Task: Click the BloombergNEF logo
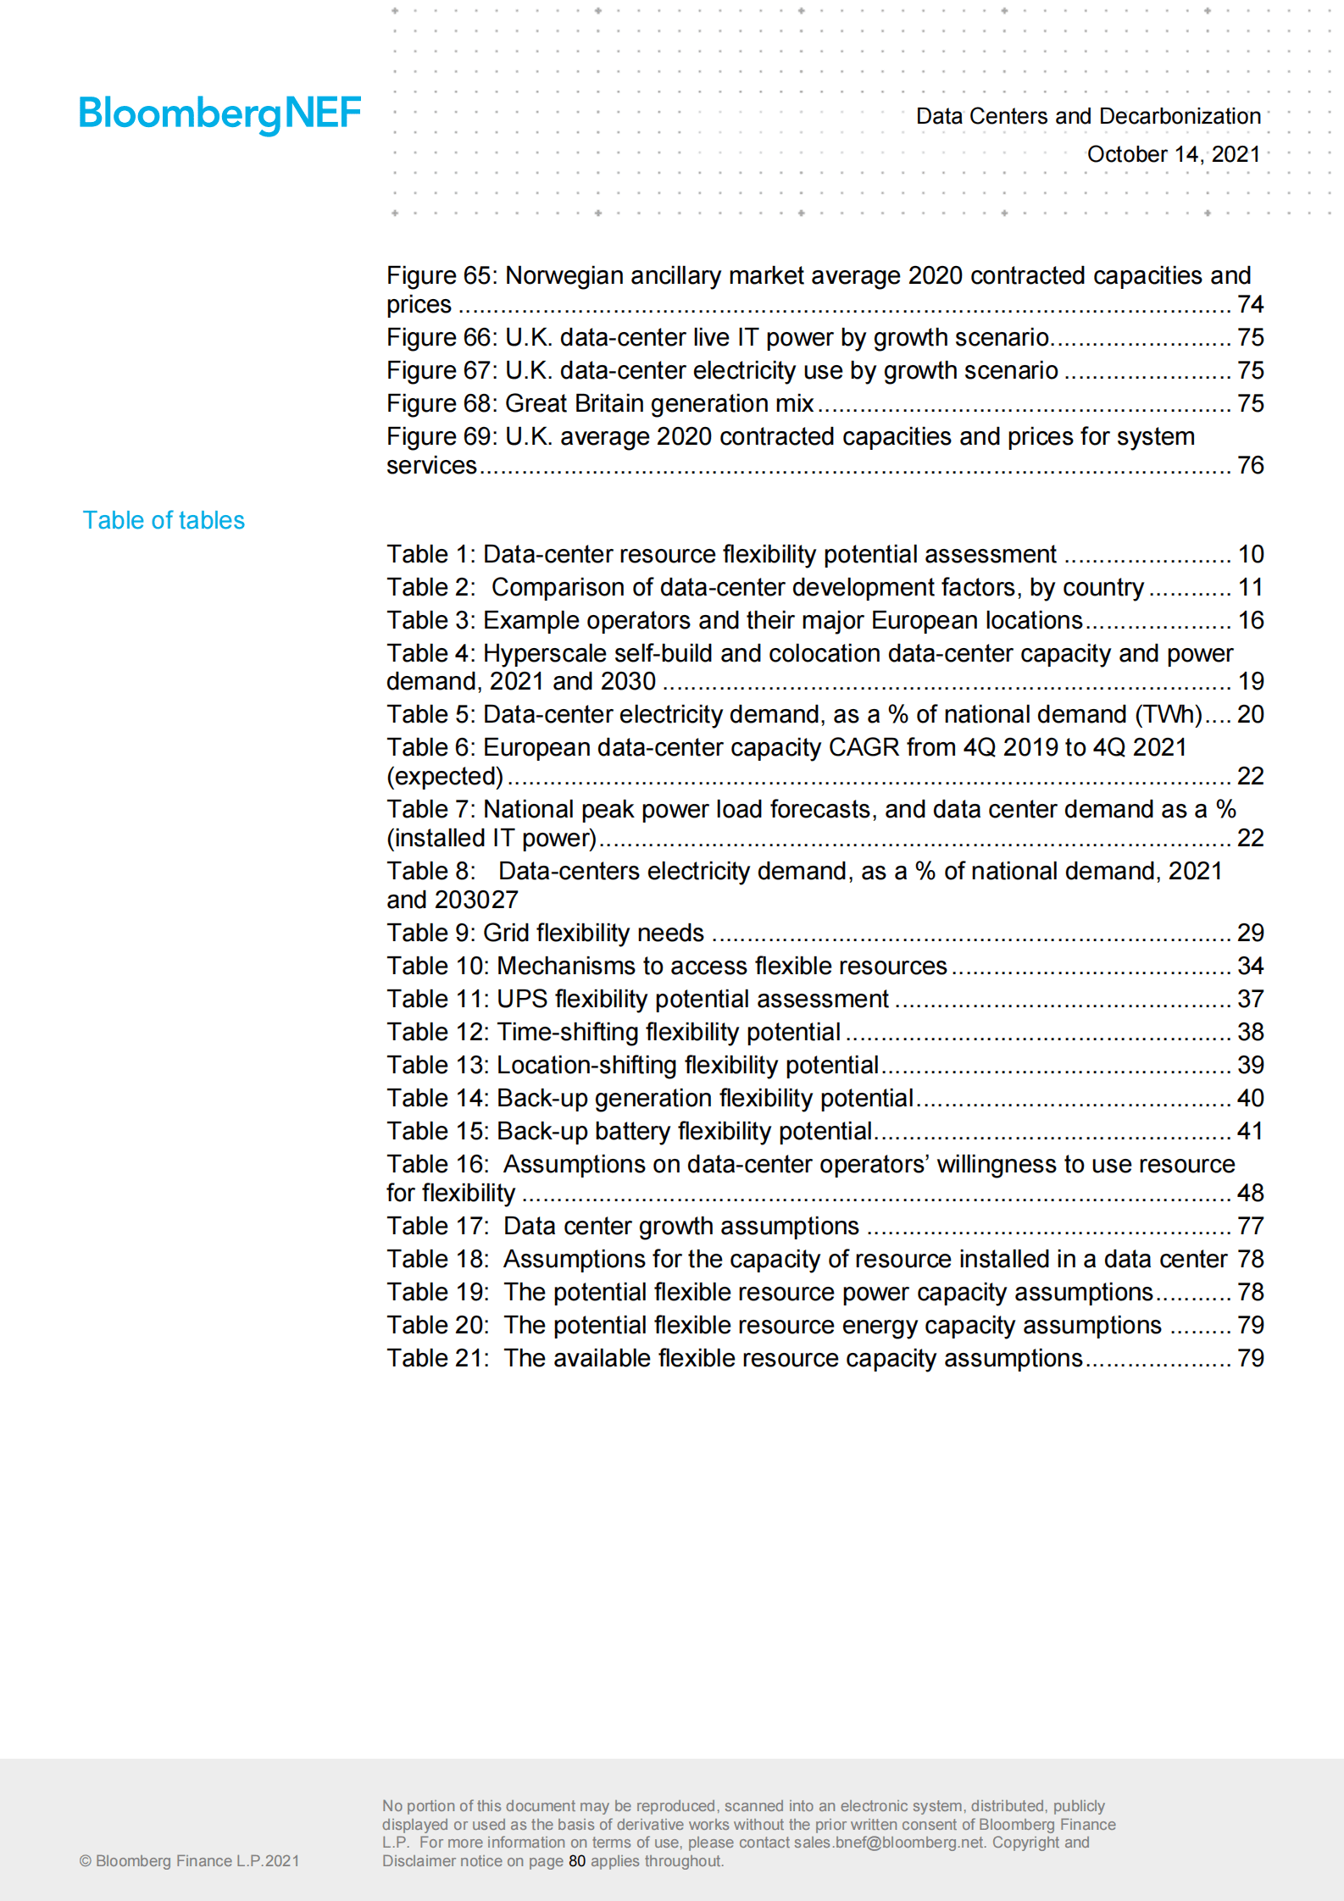[x=219, y=114]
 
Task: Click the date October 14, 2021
[x=1173, y=154]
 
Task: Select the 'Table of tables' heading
[x=164, y=520]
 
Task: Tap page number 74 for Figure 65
[x=1250, y=304]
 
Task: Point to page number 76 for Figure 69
[x=1250, y=465]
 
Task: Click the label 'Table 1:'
[x=430, y=554]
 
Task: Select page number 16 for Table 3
[x=1250, y=620]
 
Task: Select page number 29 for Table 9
[x=1250, y=933]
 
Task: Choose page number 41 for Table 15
[x=1250, y=1131]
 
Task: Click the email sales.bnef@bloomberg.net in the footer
[x=889, y=1843]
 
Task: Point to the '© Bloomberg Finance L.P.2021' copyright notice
[x=189, y=1861]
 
